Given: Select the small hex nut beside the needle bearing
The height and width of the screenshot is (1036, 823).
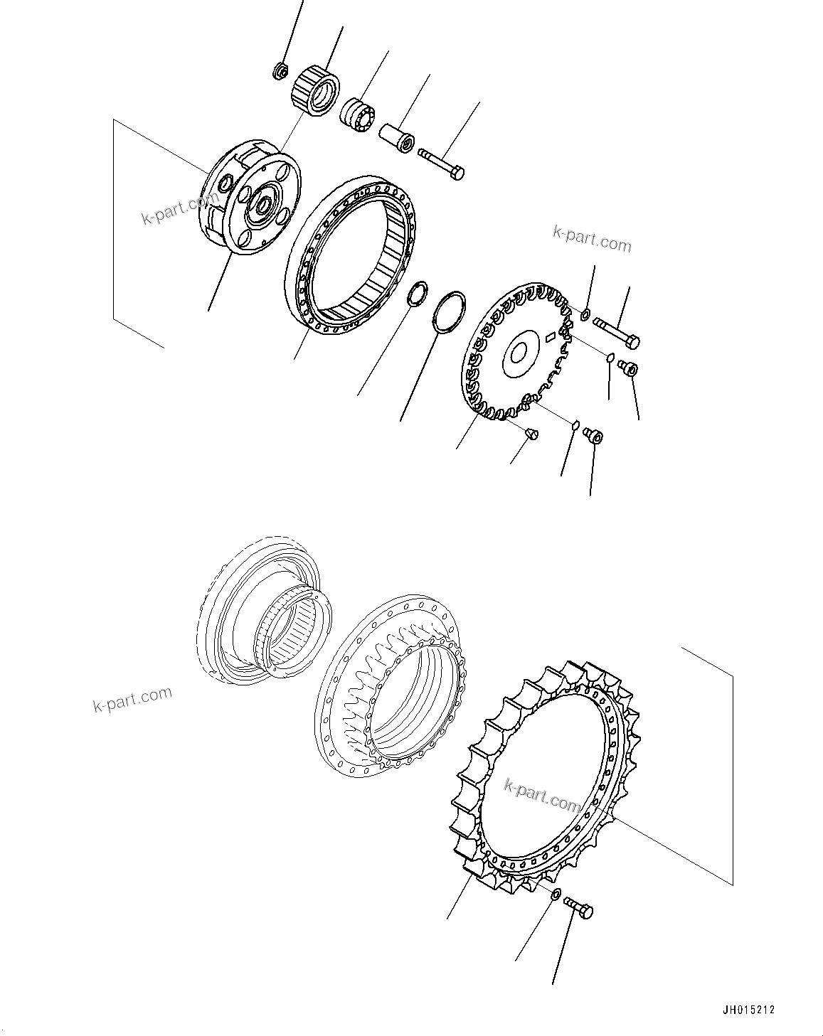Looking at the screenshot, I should click(280, 71).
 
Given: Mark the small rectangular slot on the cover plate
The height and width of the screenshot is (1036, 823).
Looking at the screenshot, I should click(550, 338).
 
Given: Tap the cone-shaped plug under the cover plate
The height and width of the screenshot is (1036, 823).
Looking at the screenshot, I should click(531, 432).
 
